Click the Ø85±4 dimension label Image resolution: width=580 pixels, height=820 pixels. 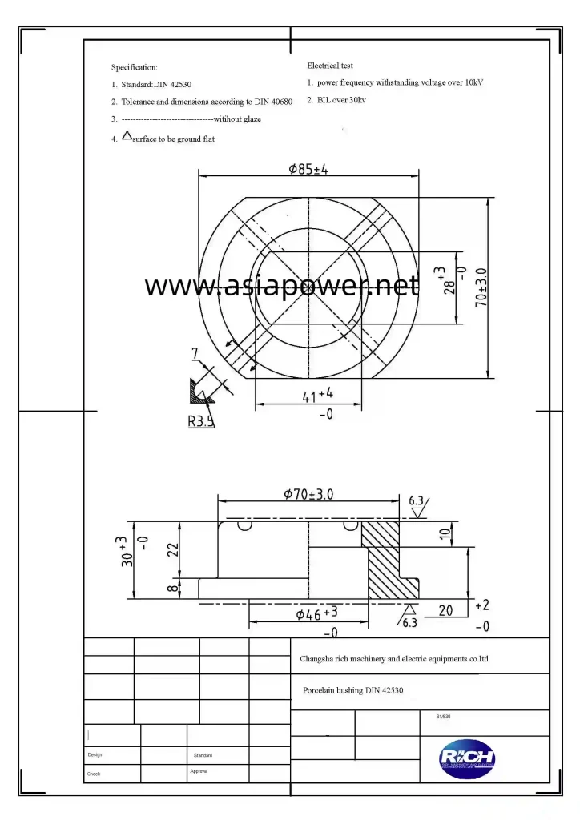308,169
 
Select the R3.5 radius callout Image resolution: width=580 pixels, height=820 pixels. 201,420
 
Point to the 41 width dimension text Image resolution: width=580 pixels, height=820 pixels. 317,395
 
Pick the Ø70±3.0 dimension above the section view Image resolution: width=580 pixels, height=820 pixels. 308,494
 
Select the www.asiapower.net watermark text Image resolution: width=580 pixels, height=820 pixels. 281,286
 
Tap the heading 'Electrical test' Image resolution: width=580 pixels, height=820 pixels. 329,66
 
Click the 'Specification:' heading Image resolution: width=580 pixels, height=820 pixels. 134,68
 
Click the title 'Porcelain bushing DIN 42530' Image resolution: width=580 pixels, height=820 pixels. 356,689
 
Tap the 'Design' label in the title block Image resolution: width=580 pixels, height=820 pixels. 95,755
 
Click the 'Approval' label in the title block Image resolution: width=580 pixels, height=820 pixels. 199,771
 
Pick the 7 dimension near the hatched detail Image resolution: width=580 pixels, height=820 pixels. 195,352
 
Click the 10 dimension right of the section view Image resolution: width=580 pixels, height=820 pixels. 445,533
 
